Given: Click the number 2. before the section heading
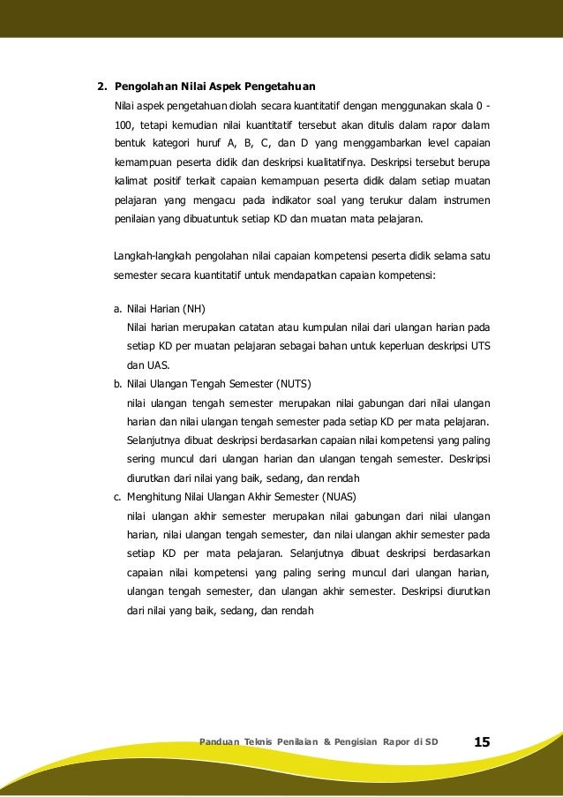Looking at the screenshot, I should pos(101,86).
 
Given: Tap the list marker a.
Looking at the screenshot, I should pos(117,309).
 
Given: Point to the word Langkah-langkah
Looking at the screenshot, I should pos(151,256).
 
